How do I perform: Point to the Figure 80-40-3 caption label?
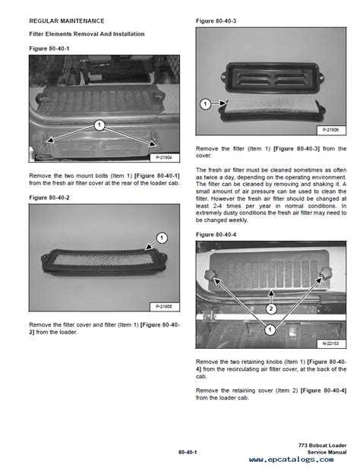(x=218, y=21)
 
